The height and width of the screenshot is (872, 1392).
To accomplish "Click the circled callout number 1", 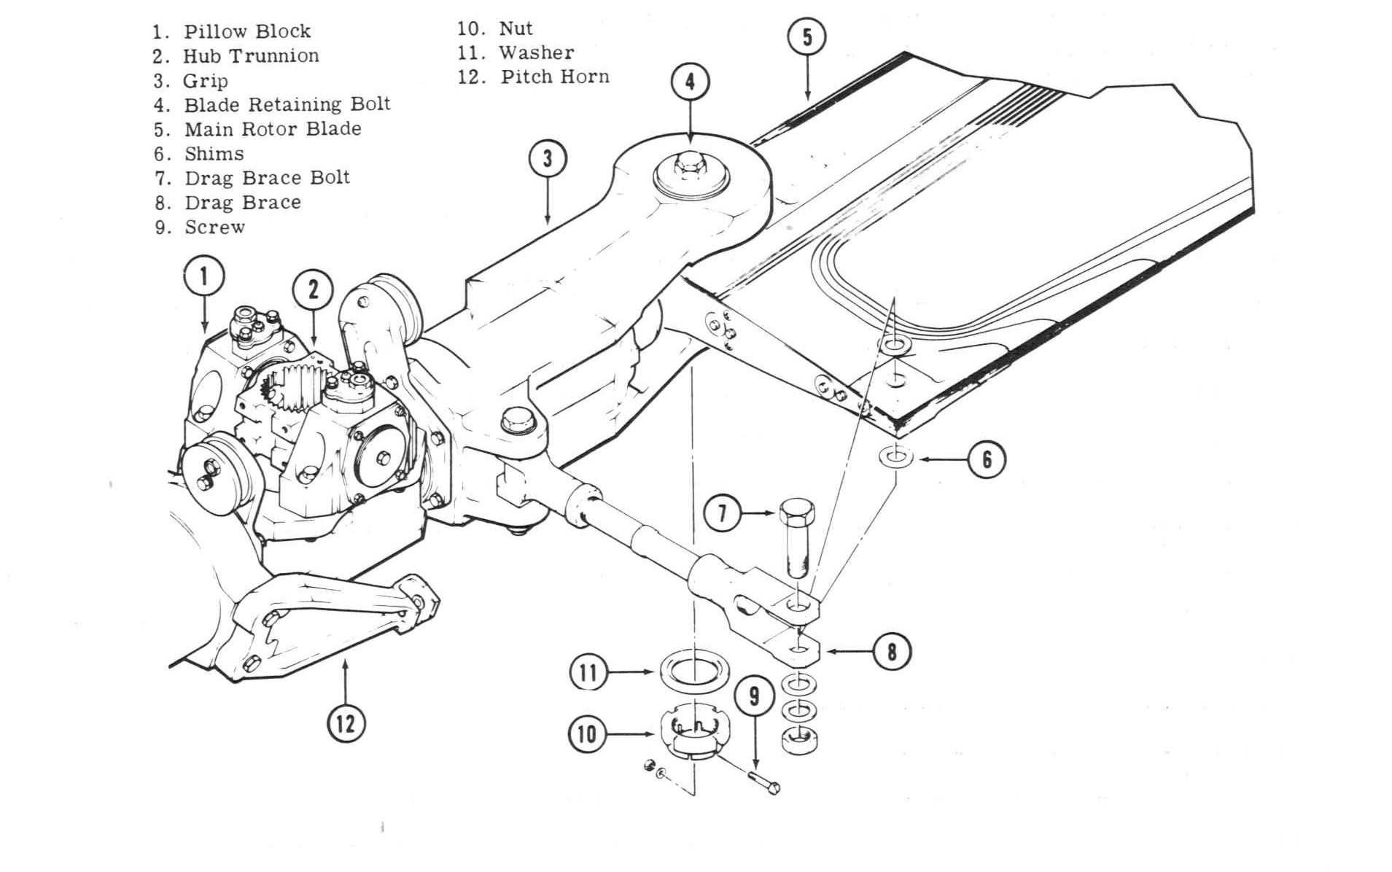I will (203, 276).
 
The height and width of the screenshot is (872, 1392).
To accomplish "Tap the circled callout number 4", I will (689, 81).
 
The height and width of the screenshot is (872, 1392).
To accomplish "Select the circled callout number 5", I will (806, 36).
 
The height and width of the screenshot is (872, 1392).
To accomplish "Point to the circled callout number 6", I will (986, 459).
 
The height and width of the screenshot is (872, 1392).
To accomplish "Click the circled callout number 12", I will (345, 723).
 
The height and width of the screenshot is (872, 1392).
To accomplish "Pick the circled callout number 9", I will (754, 696).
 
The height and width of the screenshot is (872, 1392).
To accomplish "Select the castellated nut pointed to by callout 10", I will (693, 733).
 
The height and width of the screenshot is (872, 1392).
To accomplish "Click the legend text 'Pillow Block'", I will (246, 31).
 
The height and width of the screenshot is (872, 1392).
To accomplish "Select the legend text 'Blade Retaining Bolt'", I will (287, 104).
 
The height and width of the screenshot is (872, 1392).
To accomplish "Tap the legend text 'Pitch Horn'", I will (554, 77).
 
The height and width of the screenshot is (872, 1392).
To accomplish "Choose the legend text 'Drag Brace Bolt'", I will (267, 178).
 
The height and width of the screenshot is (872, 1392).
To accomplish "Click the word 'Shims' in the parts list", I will (214, 154).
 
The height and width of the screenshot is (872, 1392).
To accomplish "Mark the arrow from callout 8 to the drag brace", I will (849, 650).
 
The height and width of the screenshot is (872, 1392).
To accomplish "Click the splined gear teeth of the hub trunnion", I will (292, 386).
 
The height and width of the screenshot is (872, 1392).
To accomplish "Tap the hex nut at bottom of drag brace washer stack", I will (798, 740).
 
